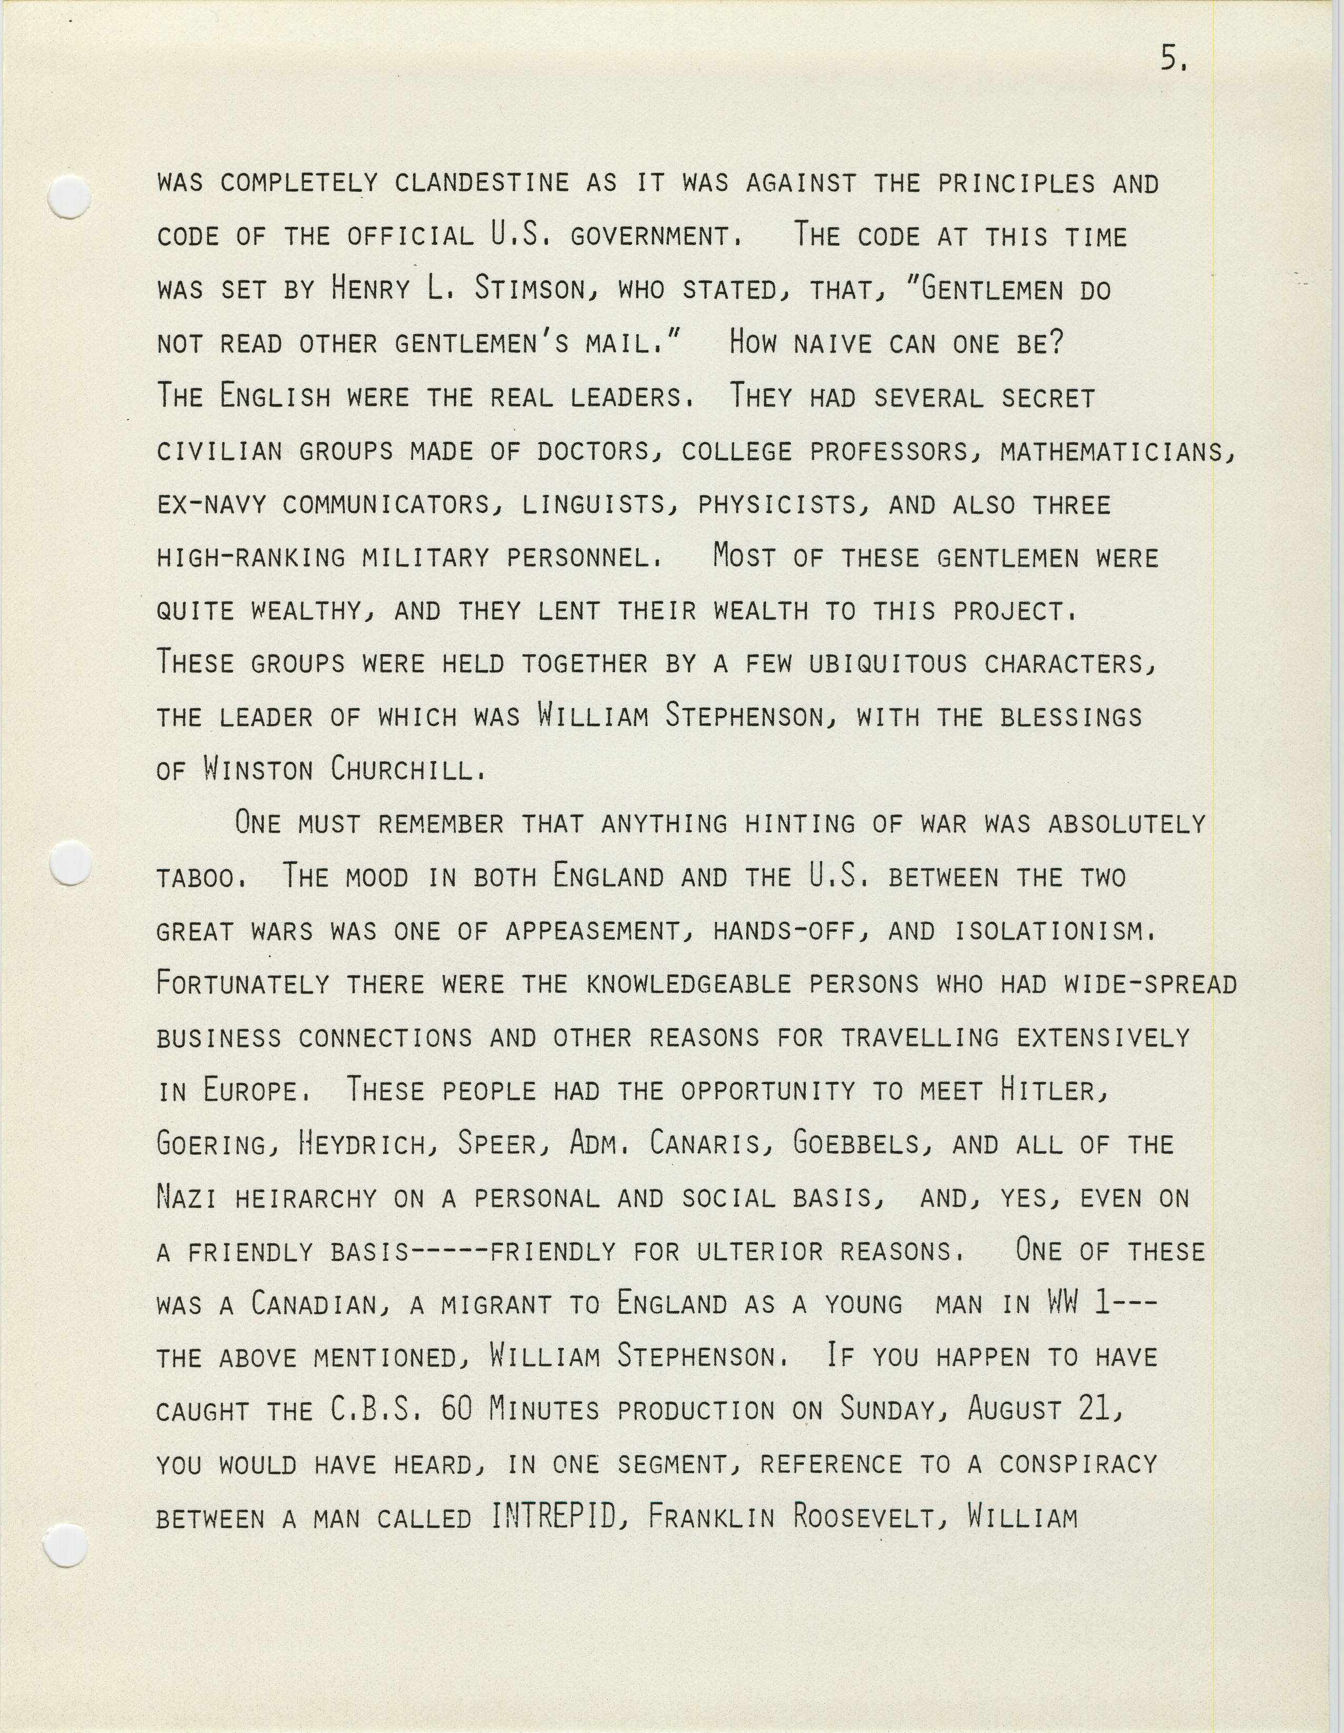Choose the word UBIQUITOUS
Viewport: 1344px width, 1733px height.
pyautogui.click(x=888, y=664)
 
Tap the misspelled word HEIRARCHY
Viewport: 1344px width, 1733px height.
pyautogui.click(x=306, y=1197)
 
